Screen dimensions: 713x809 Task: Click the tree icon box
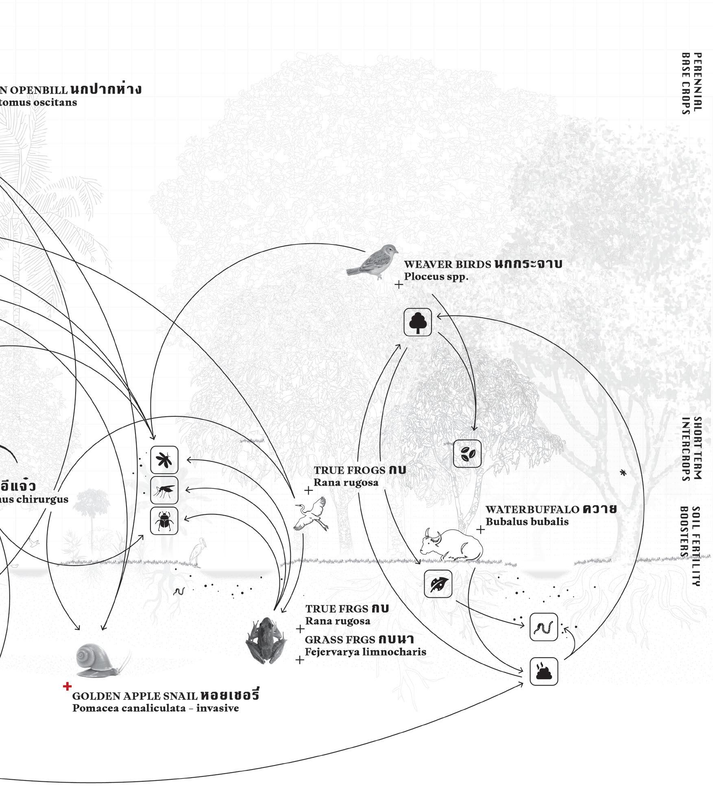point(418,322)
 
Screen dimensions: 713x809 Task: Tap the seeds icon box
point(467,453)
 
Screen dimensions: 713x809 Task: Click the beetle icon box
point(164,520)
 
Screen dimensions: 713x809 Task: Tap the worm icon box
point(544,627)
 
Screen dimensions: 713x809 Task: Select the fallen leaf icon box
point(438,584)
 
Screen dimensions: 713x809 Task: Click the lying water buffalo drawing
point(451,544)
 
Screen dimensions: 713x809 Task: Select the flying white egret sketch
point(312,514)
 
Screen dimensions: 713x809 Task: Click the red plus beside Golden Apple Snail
point(67,687)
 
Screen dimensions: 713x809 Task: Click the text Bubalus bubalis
point(527,522)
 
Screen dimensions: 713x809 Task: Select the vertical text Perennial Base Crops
point(691,89)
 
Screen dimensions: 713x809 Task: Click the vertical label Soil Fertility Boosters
point(691,546)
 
